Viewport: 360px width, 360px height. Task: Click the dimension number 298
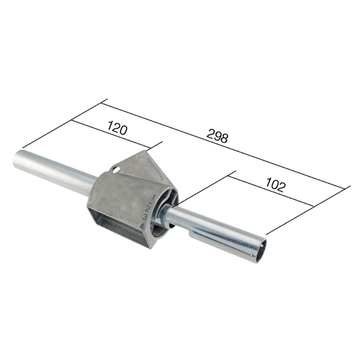(x=217, y=137)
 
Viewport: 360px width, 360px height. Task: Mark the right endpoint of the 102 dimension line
(x=314, y=206)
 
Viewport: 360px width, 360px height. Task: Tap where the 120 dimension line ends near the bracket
(x=151, y=149)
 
